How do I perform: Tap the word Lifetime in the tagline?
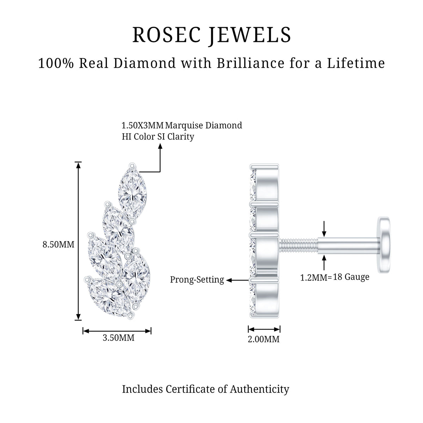tap(356, 63)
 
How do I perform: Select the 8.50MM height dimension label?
tap(59, 244)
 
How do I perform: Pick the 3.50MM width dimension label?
tap(118, 338)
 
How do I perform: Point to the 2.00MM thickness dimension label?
tap(264, 339)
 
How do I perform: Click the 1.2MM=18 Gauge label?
tap(335, 277)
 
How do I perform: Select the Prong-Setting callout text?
tap(197, 280)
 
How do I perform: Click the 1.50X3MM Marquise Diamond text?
tap(182, 125)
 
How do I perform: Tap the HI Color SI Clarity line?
tap(158, 137)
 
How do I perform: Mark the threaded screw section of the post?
tap(299, 246)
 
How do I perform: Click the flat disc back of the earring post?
tap(384, 245)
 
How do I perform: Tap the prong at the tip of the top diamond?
tap(132, 166)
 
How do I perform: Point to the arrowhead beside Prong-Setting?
tap(229, 280)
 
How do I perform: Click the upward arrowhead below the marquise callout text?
tap(160, 146)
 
